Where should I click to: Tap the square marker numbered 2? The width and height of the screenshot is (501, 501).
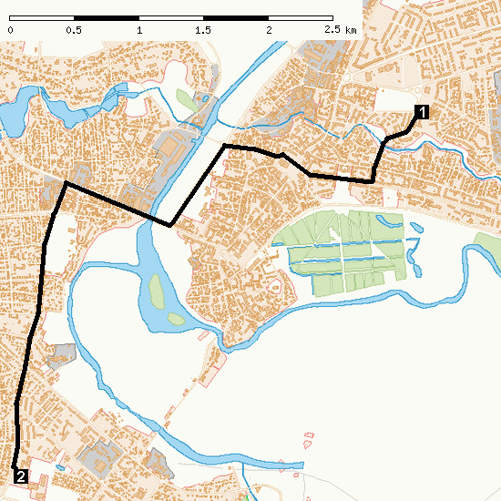20,475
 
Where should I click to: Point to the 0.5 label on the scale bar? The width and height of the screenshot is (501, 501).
74,30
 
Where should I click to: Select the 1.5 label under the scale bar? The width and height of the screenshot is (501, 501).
203,30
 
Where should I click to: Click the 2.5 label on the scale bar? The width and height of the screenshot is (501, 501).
332,30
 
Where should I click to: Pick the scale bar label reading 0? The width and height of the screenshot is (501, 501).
10,30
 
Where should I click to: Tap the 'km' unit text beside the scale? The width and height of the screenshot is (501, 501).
352,30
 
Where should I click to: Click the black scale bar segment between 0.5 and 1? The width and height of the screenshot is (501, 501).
107,17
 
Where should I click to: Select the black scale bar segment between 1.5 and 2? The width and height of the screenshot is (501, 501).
236,17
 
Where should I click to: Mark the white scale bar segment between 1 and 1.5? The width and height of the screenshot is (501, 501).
171,17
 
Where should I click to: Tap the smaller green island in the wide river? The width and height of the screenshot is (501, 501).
173,319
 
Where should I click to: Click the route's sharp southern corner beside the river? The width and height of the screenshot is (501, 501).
170,225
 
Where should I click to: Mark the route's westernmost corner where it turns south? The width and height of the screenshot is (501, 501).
65,185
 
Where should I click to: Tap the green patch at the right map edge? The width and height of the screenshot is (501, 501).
487,245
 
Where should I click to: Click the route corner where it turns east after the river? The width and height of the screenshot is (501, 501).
225,146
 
